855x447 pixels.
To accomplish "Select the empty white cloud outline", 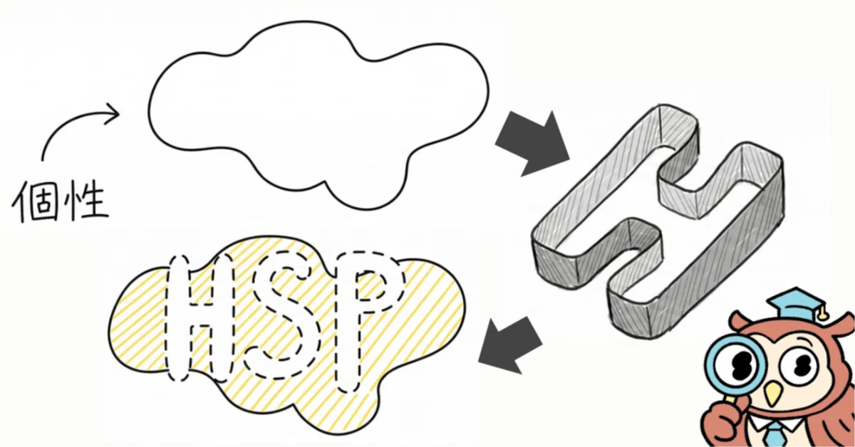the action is pyautogui.click(x=318, y=115).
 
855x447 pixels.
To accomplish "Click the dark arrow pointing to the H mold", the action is pyautogui.click(x=532, y=144).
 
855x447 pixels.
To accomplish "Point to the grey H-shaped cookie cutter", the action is pyautogui.click(x=657, y=222).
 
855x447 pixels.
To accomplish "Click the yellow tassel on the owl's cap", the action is pyautogui.click(x=821, y=313).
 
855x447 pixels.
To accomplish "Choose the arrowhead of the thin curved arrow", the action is pyautogui.click(x=113, y=113).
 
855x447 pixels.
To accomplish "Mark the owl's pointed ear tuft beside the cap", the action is pyautogui.click(x=737, y=320).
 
